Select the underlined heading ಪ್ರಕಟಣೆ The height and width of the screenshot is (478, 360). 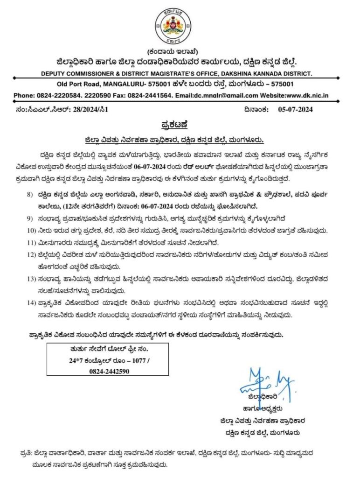tap(179, 125)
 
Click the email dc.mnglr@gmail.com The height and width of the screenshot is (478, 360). tap(225, 95)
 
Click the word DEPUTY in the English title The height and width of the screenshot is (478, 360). tap(55, 73)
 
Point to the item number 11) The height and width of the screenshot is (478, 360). tap(31, 243)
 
